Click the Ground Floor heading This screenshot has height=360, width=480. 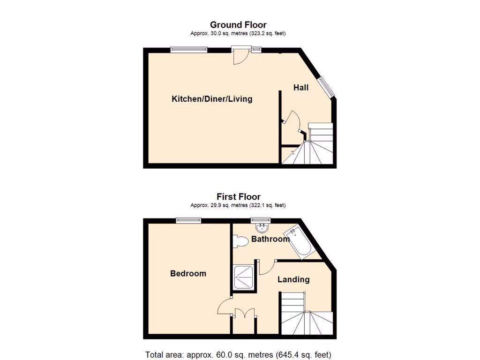[x=238, y=25]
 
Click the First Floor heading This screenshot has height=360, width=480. [x=238, y=197]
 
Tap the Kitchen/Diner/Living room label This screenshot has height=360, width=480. [x=212, y=99]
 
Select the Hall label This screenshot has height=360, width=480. [x=301, y=88]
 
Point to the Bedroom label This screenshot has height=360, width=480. [x=188, y=273]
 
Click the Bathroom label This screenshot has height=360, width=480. [x=270, y=239]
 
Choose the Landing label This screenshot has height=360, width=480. [x=293, y=279]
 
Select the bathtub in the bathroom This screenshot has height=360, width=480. [x=299, y=242]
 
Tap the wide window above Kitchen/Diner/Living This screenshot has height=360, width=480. [x=188, y=49]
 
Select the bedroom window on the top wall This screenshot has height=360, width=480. [x=188, y=220]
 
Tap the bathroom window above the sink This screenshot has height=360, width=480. [x=261, y=220]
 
